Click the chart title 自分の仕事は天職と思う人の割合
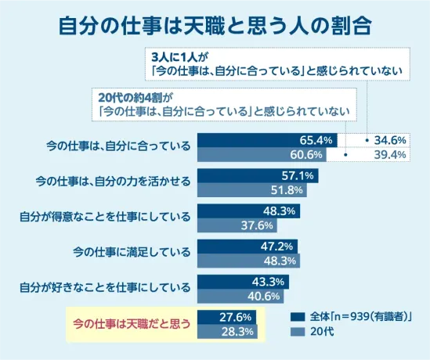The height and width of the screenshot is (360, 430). click(215, 23)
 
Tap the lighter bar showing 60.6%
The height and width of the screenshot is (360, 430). click(262, 154)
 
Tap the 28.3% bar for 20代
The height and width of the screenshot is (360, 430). click(227, 332)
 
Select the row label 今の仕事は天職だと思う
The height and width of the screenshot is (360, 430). click(132, 323)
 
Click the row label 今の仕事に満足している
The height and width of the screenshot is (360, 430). click(132, 252)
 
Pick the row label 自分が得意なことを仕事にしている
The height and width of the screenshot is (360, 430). click(105, 217)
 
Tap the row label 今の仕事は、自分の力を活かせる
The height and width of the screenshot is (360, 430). click(114, 182)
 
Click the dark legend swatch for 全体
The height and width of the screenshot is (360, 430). click(297, 317)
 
